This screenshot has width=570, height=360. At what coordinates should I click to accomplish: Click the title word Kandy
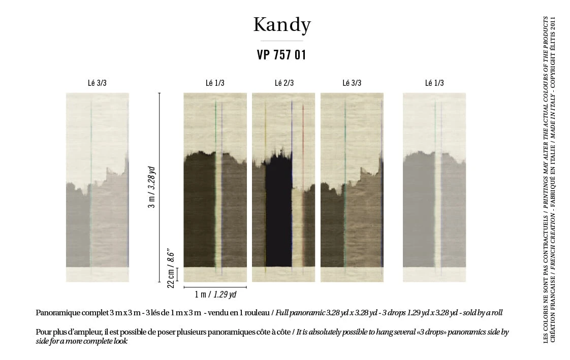[x=282, y=25]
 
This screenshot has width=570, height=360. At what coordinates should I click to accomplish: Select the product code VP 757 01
[x=281, y=55]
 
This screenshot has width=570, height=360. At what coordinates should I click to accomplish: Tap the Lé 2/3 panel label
[x=284, y=83]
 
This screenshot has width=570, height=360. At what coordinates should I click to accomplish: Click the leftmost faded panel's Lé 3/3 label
[x=97, y=83]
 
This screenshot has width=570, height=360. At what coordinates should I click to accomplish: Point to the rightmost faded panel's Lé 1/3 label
[x=434, y=83]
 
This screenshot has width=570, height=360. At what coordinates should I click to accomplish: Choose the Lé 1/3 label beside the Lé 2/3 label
[x=215, y=83]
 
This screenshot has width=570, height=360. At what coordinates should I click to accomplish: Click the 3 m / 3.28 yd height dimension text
[x=151, y=187]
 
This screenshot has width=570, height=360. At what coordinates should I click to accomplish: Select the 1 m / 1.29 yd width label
[x=215, y=294]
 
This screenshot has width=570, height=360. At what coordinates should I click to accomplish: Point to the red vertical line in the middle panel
[x=303, y=185]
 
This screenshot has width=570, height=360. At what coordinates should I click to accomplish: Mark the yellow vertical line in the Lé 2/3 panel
[x=265, y=187]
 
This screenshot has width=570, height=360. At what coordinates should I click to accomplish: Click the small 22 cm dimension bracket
[x=177, y=274]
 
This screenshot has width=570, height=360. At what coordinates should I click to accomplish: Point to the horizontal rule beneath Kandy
[x=282, y=41]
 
